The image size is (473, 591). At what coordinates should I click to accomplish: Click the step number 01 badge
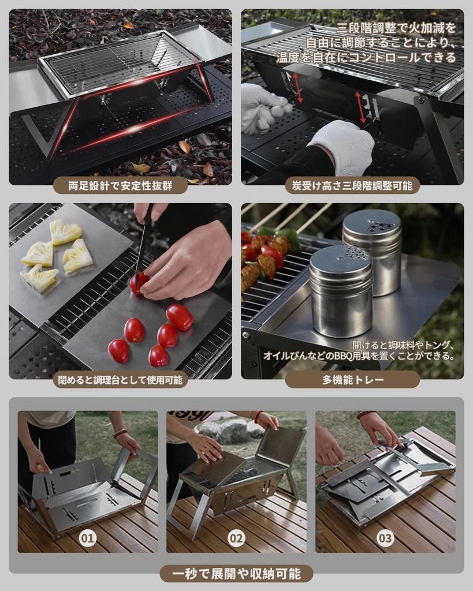pyautogui.click(x=87, y=538)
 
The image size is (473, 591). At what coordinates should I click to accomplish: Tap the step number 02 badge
pyautogui.click(x=236, y=538)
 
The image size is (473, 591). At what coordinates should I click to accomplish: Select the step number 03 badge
pyautogui.click(x=385, y=538)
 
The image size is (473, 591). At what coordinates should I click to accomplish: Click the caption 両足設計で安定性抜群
pyautogui.click(x=120, y=185)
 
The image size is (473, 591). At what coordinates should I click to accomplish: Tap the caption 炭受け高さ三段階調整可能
pyautogui.click(x=352, y=185)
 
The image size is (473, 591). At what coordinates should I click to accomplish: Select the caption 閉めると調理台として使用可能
pyautogui.click(x=120, y=380)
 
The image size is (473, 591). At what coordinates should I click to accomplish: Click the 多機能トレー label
pyautogui.click(x=352, y=380)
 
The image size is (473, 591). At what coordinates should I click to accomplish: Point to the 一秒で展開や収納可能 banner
pyautogui.click(x=236, y=573)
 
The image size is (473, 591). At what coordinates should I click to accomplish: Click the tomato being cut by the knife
pyautogui.click(x=138, y=283)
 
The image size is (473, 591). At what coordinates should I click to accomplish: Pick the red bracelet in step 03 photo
pyautogui.click(x=364, y=414)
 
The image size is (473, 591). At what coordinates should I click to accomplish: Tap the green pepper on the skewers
pyautogui.click(x=287, y=237)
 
